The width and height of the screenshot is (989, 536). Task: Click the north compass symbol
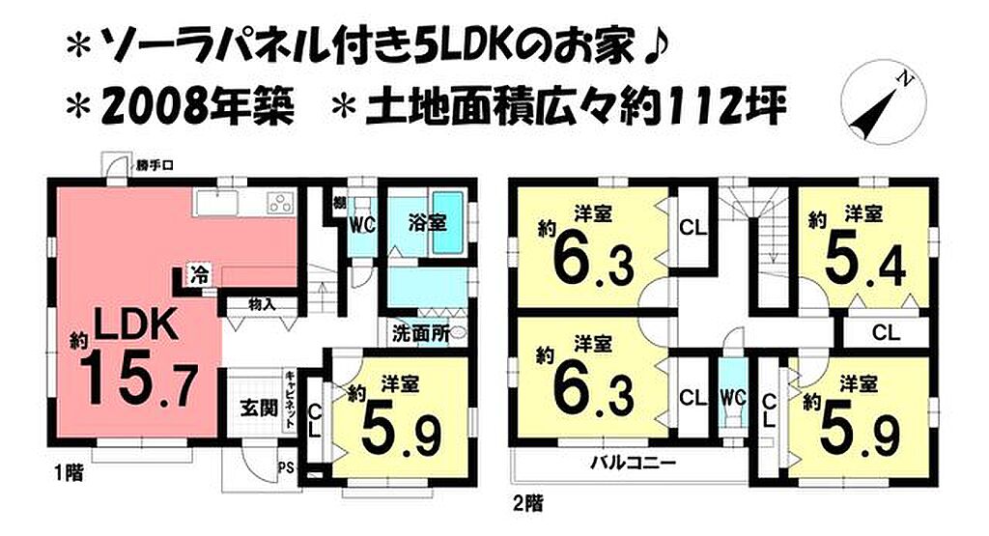coord(885,100)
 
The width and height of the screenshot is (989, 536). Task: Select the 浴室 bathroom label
coord(427,222)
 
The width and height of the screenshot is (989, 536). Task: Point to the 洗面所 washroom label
coord(421,333)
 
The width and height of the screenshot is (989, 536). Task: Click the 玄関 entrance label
coord(259,408)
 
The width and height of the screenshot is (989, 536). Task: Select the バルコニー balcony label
coord(633,464)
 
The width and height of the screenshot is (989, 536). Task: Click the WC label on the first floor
coord(363,224)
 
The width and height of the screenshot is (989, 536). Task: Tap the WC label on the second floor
coord(733,397)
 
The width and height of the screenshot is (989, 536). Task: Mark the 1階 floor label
coord(68,473)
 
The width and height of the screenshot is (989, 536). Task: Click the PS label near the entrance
coord(285,467)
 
